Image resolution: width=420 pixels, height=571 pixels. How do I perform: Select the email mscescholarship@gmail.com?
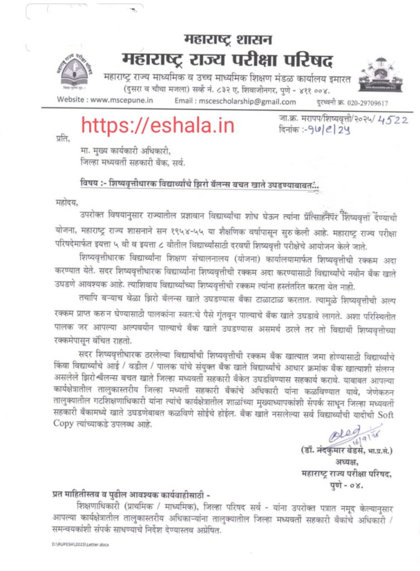[251, 101]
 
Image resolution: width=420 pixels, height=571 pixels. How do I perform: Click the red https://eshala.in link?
[158, 125]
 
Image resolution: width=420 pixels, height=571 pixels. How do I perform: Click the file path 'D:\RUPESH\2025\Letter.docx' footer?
[81, 544]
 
